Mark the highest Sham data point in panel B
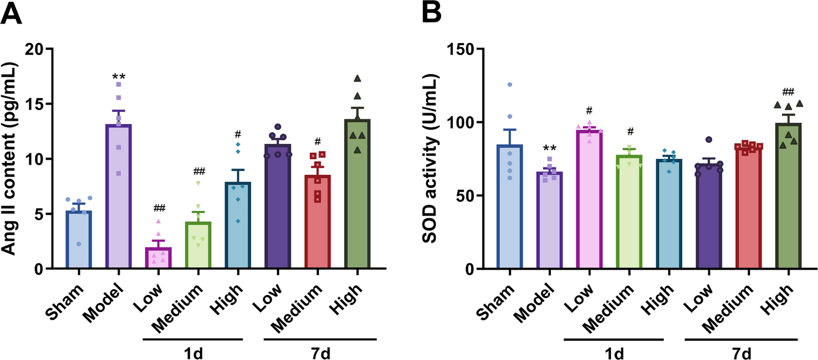point(510,85)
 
